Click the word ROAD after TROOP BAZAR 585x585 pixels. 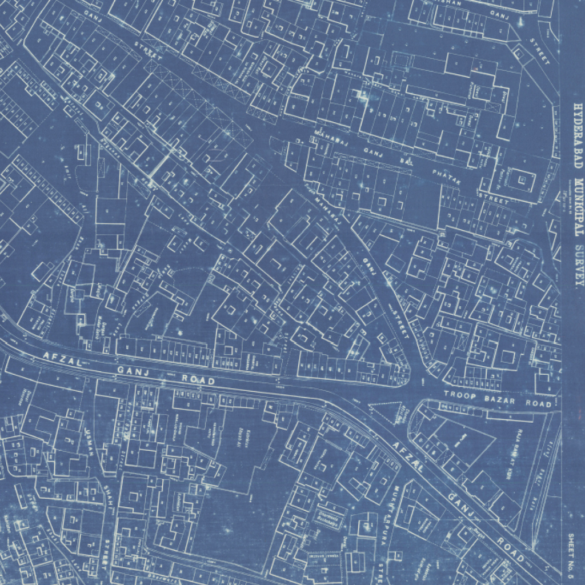click(540, 403)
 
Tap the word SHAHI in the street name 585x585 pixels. click(107, 502)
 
